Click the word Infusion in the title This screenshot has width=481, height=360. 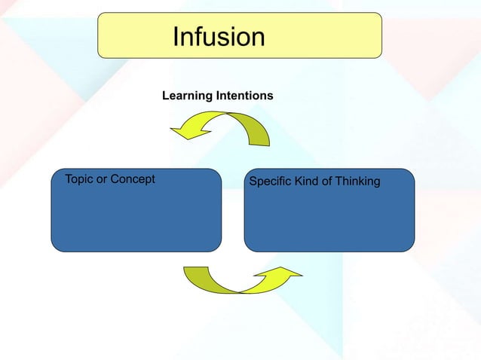[219, 36]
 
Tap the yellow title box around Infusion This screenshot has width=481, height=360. [317, 35]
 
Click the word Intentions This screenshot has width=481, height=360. [244, 97]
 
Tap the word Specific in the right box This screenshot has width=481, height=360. [271, 182]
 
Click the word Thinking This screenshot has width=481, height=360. [358, 182]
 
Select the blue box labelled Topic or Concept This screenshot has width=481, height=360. [136, 218]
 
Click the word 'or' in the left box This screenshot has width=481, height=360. [103, 179]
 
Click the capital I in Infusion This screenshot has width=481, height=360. [176, 36]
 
